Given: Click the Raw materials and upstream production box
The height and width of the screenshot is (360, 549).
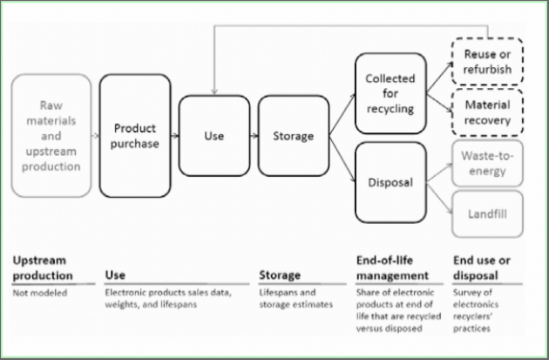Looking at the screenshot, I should (x=51, y=134).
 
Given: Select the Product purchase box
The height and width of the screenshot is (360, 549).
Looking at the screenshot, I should (x=135, y=135).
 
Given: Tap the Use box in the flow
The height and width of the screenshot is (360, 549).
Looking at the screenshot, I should (x=213, y=136).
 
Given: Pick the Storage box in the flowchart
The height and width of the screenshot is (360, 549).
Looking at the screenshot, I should (x=287, y=136).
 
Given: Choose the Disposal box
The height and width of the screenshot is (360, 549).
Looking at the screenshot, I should (x=390, y=182).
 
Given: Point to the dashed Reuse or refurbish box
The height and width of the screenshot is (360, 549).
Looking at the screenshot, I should (x=487, y=62).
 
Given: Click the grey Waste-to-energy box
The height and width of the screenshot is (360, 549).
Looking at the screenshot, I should (x=487, y=162).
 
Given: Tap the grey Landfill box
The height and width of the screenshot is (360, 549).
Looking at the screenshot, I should (x=487, y=212).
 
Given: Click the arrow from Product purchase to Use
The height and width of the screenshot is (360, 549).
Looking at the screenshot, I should (x=174, y=136).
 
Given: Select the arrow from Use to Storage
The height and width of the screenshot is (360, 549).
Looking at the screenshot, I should (x=252, y=136).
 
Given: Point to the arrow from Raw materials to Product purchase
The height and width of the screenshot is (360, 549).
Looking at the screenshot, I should (x=93, y=136).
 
